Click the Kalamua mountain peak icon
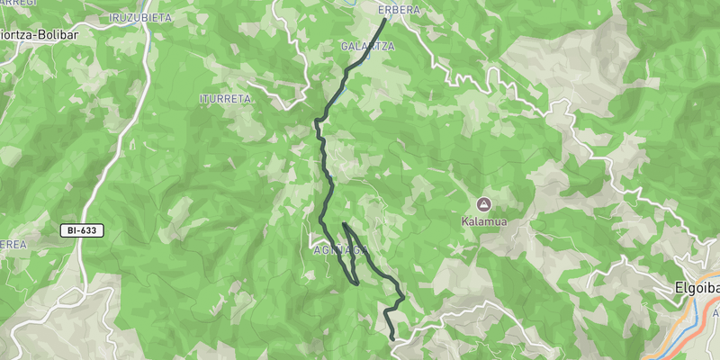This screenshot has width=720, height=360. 484,203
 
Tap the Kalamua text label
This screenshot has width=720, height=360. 484,220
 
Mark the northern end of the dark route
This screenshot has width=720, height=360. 385,19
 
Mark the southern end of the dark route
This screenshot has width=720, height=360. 393,338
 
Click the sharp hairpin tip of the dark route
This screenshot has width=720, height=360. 344,223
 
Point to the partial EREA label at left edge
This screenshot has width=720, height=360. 12,245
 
